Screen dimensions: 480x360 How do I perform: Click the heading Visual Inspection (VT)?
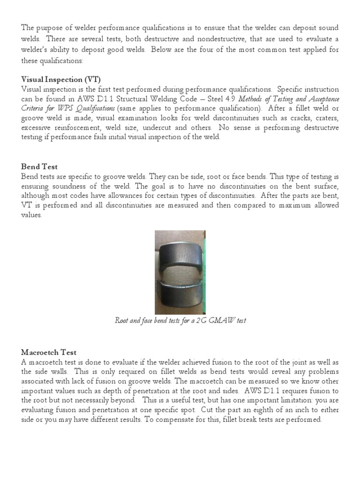point(61,79)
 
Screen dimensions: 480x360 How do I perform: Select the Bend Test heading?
point(39,166)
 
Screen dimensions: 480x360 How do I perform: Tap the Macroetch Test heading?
point(49,352)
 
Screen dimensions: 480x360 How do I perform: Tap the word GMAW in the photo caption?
point(224,321)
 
